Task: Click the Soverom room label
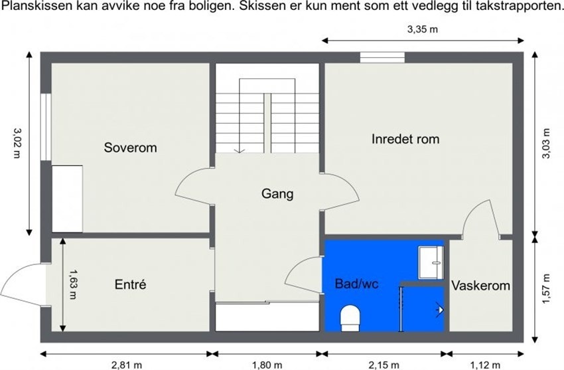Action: [130, 147]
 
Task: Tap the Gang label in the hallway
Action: [277, 194]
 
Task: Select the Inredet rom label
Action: [405, 139]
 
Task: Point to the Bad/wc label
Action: [356, 284]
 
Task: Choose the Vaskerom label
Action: [480, 286]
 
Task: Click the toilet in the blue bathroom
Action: [349, 318]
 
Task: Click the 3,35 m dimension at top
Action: [423, 29]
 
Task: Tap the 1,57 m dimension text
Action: [545, 289]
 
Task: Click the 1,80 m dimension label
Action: [267, 363]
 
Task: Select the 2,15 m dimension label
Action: [384, 363]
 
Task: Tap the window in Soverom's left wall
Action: [45, 127]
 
